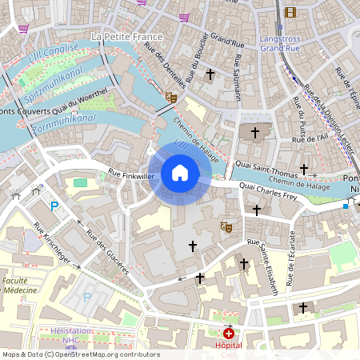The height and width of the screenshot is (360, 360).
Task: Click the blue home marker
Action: [180, 173]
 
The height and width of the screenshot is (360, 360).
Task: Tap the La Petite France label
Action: [128, 37]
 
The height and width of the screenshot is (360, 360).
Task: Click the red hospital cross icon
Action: [230, 333]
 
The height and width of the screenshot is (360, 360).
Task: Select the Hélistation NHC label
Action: [71, 335]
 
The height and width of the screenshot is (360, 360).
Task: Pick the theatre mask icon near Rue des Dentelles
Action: [170, 96]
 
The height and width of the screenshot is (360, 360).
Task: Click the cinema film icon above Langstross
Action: [290, 12]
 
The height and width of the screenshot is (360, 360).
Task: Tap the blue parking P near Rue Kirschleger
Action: [55, 206]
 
